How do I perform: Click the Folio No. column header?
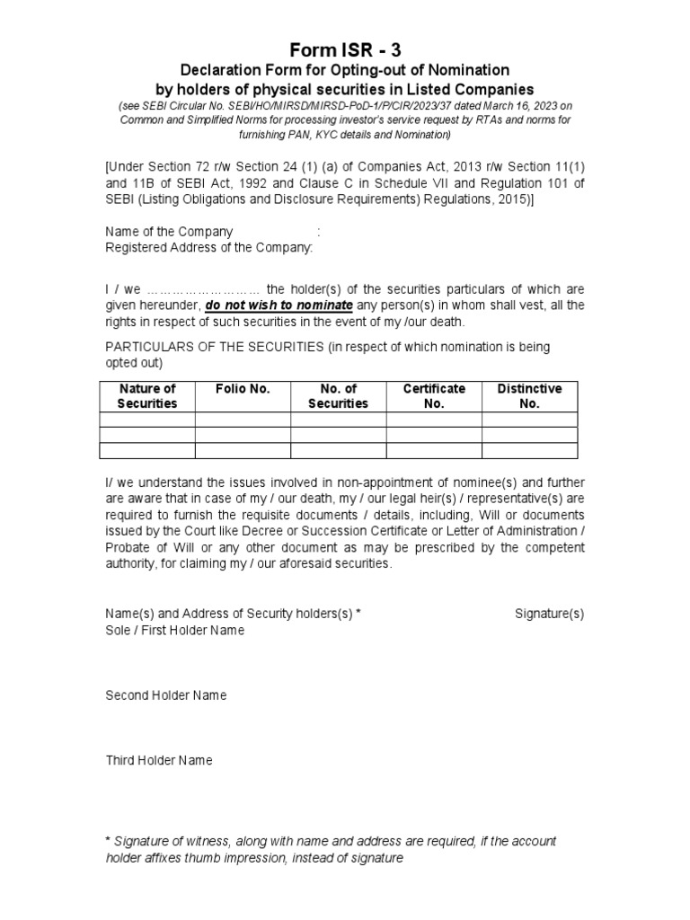[243, 389]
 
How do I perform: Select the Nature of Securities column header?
[147, 396]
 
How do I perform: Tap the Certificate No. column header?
[434, 396]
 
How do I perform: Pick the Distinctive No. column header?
[530, 396]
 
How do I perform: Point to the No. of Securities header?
[338, 396]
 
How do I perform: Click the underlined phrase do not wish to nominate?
[279, 305]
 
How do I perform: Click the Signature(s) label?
[549, 614]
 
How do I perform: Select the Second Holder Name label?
[166, 695]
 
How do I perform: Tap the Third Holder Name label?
[159, 760]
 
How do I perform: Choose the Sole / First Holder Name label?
[175, 630]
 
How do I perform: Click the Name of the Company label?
[169, 231]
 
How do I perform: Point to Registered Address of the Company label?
[209, 247]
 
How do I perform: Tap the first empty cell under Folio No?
[243, 420]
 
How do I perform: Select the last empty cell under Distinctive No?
[530, 450]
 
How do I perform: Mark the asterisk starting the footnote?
[108, 841]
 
